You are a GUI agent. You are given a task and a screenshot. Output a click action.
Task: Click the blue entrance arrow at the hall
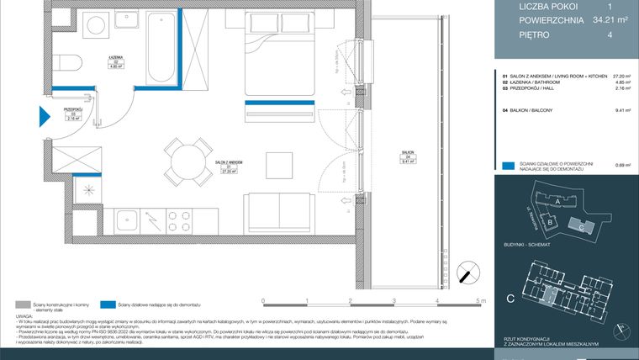[x=45, y=117]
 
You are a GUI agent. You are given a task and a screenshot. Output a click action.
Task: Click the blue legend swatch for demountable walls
[x=507, y=166]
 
